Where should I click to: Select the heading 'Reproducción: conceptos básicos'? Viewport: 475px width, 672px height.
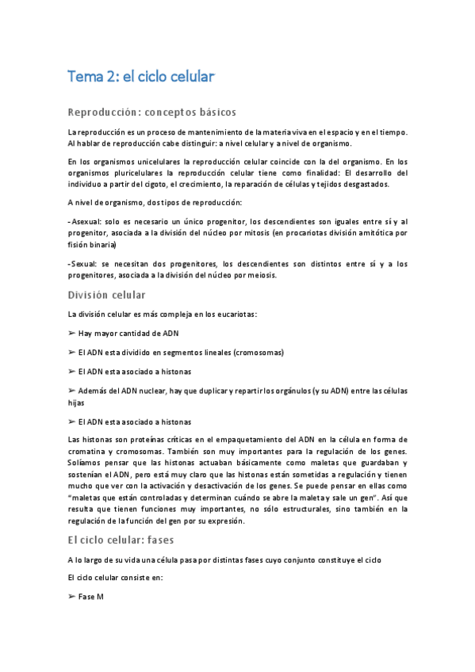click(151, 112)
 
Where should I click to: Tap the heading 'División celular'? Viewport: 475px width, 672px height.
click(106, 295)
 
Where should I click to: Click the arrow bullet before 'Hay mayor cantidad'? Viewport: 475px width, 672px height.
click(72, 333)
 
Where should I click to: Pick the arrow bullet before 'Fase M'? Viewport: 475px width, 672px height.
click(72, 595)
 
